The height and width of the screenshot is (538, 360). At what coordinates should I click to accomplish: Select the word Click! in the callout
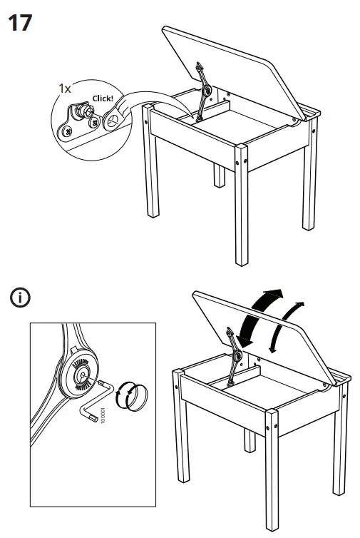(103, 98)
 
